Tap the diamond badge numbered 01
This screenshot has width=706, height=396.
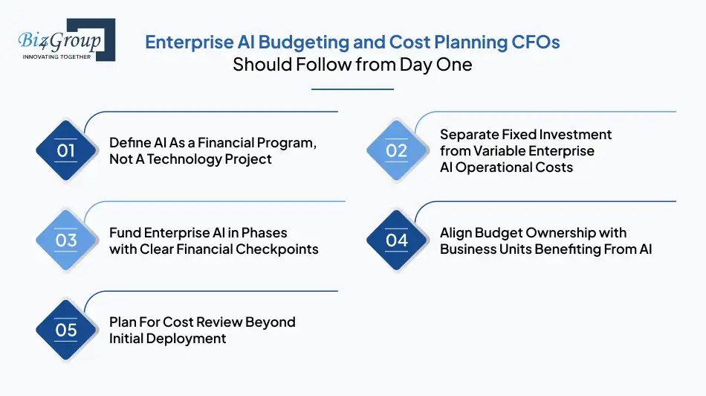[x=66, y=150]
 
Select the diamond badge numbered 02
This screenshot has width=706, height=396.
[x=397, y=150]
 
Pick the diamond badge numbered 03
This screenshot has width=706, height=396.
[x=66, y=240]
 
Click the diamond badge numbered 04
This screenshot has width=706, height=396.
[x=397, y=240]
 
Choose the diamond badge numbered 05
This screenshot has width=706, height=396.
[x=66, y=330]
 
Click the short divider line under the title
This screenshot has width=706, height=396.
[x=352, y=89]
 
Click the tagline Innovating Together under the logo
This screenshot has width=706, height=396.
[x=57, y=56]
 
